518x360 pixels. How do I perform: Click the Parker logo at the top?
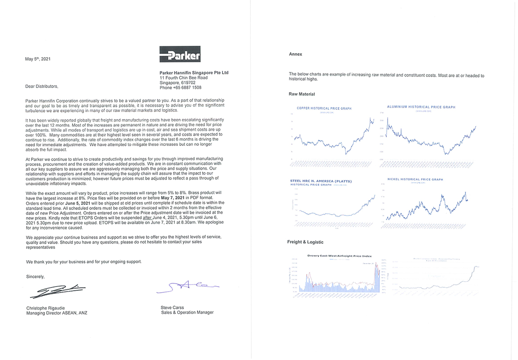180,54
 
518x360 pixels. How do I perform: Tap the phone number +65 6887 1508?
180,88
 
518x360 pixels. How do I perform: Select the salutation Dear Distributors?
42,86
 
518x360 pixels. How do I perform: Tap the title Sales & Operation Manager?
187,312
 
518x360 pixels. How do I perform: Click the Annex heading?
295,54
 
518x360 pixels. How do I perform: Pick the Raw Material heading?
302,94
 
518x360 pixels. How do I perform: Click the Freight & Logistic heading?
305,242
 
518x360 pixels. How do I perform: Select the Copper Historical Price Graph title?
324,108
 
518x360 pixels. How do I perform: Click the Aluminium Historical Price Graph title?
421,107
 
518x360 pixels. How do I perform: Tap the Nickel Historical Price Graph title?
415,180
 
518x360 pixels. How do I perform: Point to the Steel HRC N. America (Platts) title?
321,181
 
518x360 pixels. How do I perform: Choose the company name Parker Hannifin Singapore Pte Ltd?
194,72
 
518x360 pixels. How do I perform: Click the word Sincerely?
35,276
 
